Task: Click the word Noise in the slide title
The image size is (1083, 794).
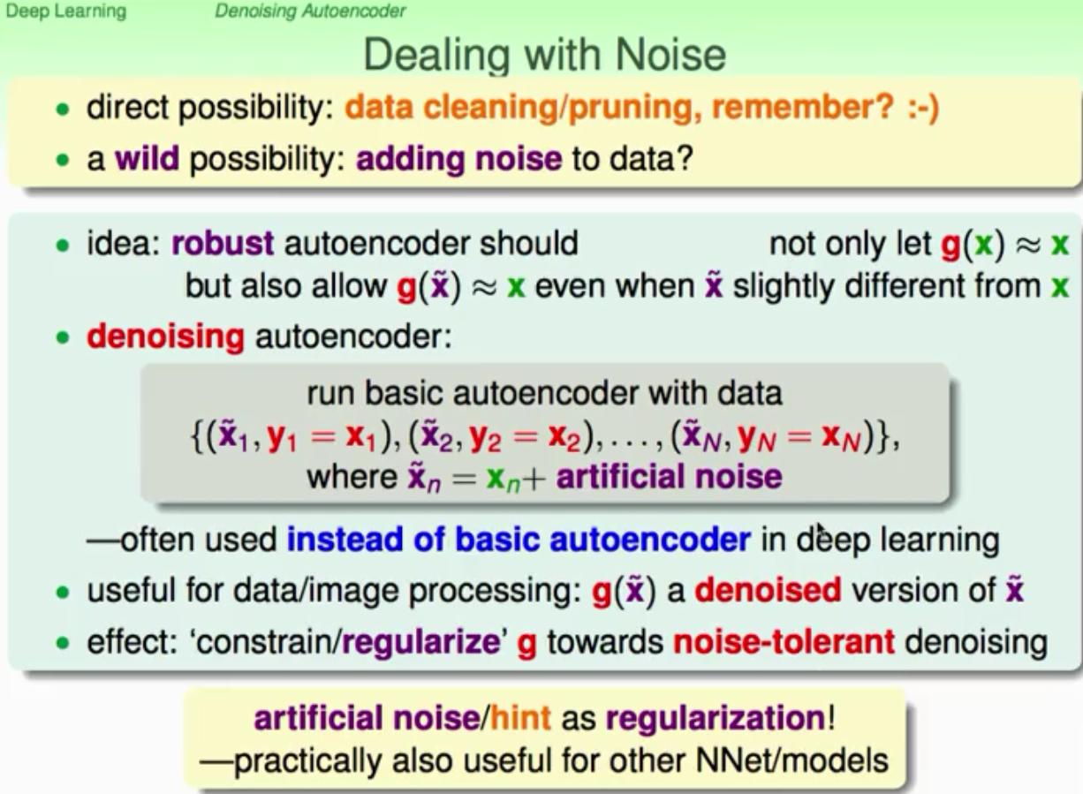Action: point(670,55)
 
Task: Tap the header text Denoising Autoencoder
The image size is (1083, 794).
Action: point(310,11)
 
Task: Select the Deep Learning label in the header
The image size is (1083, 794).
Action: point(65,11)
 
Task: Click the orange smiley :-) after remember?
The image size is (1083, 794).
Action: point(923,106)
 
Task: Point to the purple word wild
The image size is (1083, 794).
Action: point(147,158)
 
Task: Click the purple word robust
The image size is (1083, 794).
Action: point(223,243)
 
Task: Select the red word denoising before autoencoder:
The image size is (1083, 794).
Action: point(165,337)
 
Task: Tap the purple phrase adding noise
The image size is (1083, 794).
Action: point(458,159)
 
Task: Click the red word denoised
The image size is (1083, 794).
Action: point(769,590)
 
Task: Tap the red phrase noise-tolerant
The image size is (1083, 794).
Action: point(784,642)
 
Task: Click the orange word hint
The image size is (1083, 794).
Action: point(520,718)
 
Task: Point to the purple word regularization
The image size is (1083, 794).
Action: point(716,719)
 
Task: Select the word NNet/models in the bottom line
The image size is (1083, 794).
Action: point(792,760)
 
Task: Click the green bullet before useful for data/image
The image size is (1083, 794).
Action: point(63,592)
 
